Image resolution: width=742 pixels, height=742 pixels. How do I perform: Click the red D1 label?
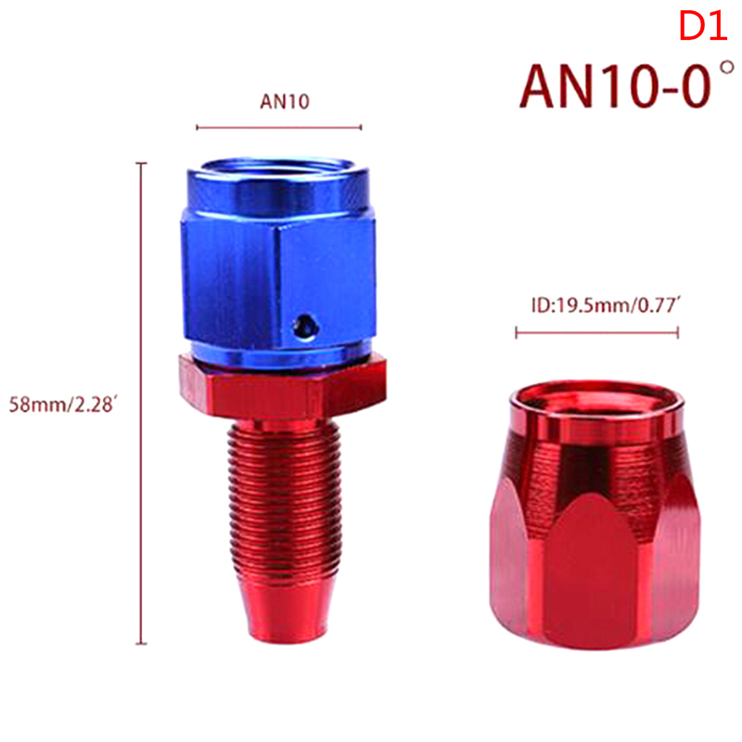click(703, 26)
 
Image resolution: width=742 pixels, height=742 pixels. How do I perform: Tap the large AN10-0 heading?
click(615, 86)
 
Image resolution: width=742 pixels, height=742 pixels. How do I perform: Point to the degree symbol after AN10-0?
click(727, 68)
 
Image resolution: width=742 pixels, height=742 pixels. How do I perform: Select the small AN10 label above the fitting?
click(285, 101)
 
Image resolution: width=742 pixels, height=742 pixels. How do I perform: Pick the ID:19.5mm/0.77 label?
click(606, 305)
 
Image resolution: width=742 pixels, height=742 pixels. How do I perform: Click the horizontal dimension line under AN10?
click(279, 127)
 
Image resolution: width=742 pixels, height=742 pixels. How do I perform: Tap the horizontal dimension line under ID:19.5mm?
click(597, 333)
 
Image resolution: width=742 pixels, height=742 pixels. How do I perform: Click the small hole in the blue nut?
click(305, 326)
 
